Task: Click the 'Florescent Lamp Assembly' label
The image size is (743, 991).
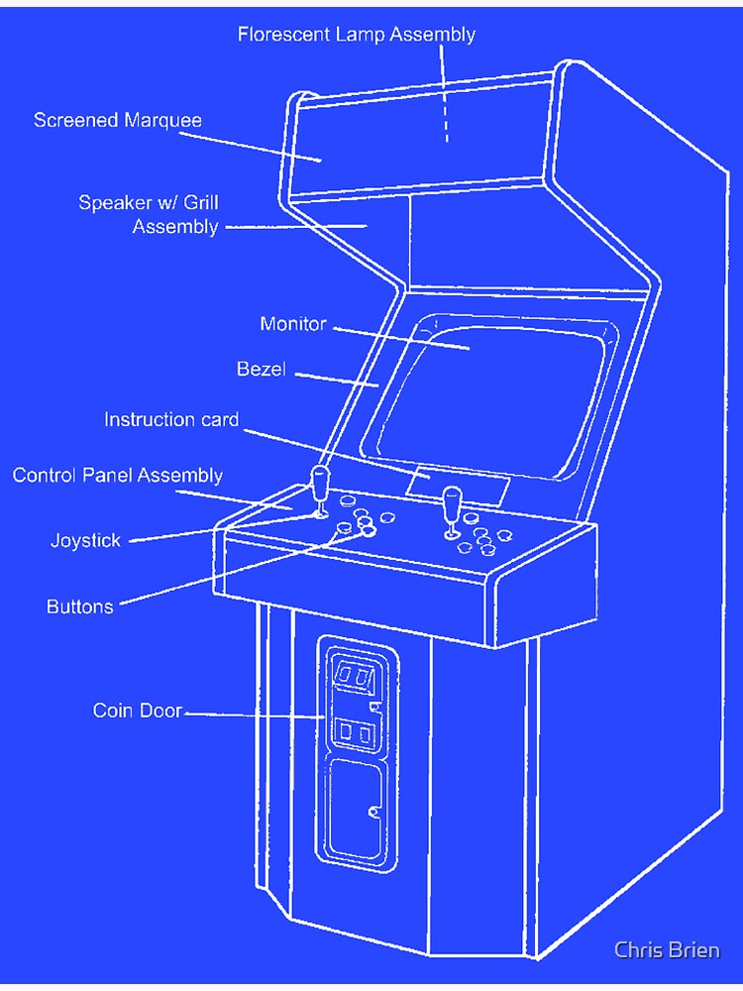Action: point(357,35)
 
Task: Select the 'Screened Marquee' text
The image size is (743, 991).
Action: point(118,121)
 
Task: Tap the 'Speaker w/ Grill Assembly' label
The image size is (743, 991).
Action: point(149,215)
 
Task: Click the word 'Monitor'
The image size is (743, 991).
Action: point(293,324)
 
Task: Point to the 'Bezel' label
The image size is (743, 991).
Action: point(262,370)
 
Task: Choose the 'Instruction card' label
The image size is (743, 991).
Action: point(171,420)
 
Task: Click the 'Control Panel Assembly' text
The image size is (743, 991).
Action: point(118,476)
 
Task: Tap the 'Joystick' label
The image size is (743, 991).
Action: point(85,541)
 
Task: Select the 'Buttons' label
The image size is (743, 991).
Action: point(80,606)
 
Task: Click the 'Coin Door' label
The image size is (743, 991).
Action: point(138,711)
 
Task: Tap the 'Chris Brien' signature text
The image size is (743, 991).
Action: point(667,950)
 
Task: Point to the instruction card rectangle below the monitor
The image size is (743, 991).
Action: point(457,485)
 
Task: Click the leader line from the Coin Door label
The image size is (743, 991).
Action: point(253,714)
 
